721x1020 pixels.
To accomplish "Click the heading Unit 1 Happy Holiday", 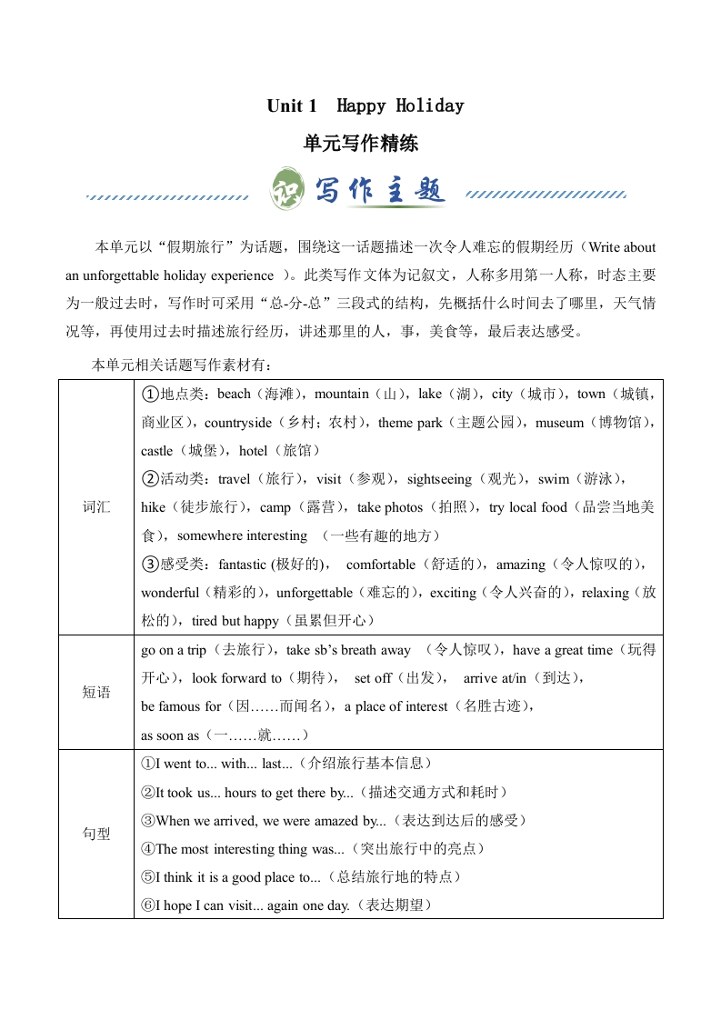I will click(365, 106).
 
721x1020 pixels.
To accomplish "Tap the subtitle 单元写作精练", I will click(360, 144).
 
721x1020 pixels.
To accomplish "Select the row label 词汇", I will click(96, 507).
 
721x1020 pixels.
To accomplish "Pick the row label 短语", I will click(96, 693).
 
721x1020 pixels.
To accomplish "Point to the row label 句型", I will click(96, 834).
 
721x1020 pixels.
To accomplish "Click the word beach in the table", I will click(234, 395).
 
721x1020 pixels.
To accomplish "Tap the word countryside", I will click(238, 423).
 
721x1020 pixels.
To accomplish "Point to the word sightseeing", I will click(439, 479).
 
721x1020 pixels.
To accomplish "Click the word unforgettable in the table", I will click(301, 593).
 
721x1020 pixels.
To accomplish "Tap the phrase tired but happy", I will click(235, 621).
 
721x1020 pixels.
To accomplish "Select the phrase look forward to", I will click(237, 678).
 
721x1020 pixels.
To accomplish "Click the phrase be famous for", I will click(181, 706).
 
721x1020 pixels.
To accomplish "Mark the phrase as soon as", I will click(169, 735).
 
